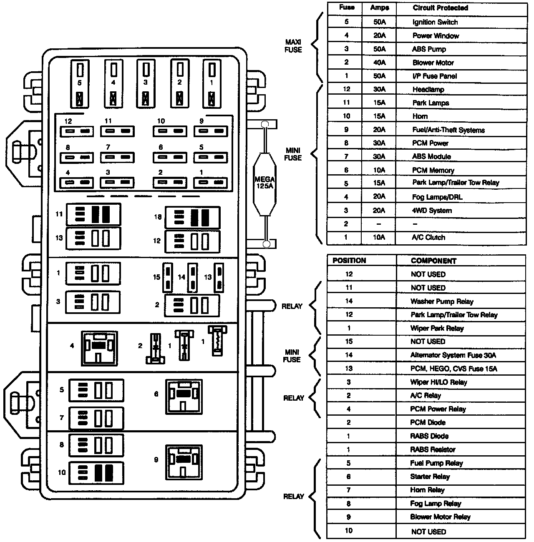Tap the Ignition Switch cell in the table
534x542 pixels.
(435, 22)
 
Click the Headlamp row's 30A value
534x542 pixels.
(379, 89)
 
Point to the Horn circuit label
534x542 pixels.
(420, 116)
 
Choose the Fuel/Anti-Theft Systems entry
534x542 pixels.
(448, 130)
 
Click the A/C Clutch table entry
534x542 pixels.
(428, 238)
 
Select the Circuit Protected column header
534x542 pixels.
(440, 8)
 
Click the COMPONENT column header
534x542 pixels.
(433, 261)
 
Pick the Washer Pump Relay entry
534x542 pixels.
(441, 301)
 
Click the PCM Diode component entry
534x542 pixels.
(428, 423)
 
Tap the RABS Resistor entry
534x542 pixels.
(433, 449)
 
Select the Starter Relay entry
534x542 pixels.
(430, 477)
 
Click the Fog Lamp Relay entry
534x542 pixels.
(435, 504)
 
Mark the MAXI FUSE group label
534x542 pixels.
(293, 46)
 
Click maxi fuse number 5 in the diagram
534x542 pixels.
(80, 83)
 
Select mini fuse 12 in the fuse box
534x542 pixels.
(77, 132)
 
